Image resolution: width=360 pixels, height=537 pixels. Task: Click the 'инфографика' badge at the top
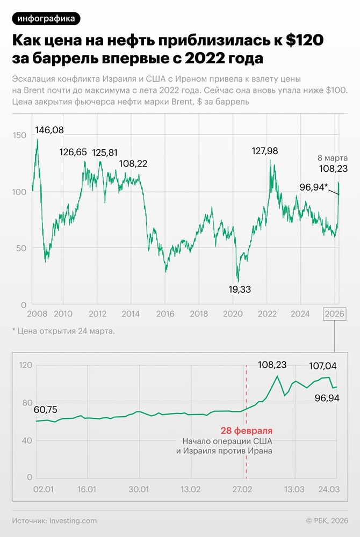(46, 19)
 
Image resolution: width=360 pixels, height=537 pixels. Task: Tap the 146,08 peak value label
(49, 130)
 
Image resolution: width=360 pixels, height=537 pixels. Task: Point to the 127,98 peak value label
(265, 151)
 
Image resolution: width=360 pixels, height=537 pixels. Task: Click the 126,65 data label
(73, 153)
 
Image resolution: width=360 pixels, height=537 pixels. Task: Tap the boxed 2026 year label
(335, 314)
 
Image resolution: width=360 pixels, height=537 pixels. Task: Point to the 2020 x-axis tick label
(232, 314)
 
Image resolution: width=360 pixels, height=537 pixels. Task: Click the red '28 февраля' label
(247, 431)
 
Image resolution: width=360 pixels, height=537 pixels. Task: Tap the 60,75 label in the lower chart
(47, 410)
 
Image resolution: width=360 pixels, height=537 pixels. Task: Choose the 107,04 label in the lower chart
(323, 366)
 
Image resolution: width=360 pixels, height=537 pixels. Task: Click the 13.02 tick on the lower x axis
(191, 489)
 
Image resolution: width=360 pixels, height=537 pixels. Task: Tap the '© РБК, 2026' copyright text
(327, 520)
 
